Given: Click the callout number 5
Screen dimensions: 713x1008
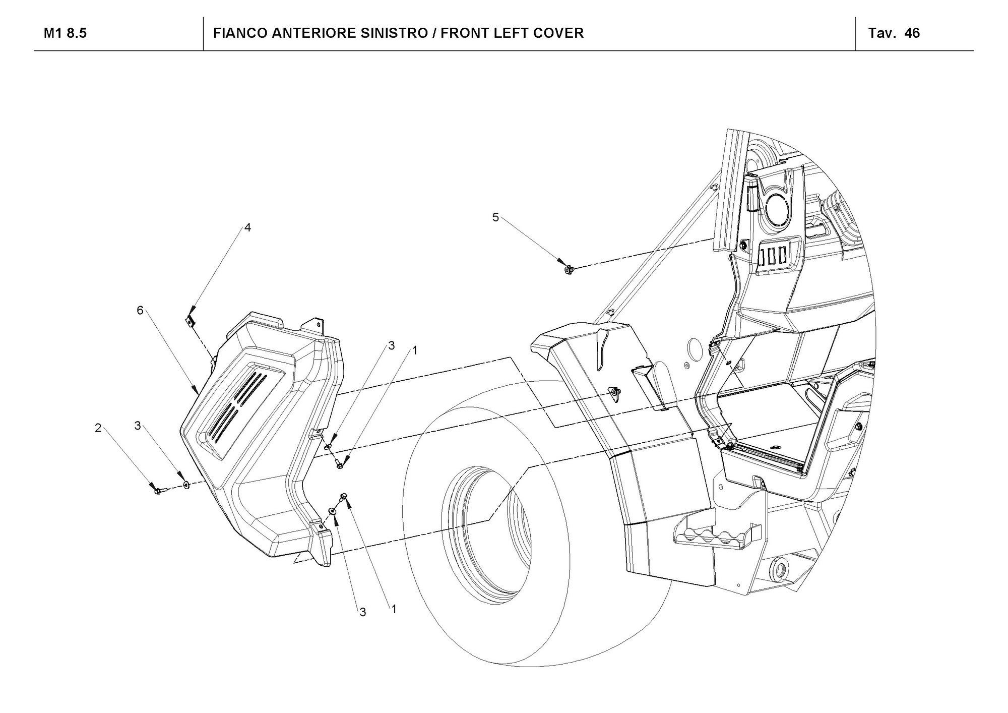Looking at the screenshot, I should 495,217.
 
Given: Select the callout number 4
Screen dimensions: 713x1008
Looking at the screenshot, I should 247,227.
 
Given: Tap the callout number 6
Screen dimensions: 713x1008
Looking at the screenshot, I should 140,311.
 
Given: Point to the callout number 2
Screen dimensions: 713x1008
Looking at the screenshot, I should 98,428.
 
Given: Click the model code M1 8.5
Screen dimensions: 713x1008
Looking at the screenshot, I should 65,33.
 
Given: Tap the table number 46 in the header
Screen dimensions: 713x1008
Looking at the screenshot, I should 912,33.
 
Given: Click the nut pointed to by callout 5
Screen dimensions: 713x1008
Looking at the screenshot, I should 569,270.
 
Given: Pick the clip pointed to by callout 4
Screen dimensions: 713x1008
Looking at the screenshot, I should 190,321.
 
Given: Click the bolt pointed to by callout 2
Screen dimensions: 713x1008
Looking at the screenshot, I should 158,490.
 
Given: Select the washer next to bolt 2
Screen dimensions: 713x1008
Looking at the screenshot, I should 186,485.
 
